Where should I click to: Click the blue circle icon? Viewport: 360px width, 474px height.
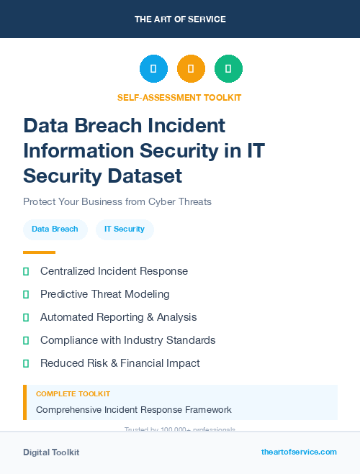pos(153,69)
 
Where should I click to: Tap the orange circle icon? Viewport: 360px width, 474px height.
pos(191,69)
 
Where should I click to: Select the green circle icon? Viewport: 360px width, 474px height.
pos(228,69)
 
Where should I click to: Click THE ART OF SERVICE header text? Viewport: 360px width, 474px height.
pos(180,19)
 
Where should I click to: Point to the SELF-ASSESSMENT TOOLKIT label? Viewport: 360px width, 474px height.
pos(179,97)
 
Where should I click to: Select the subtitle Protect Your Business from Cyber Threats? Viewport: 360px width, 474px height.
pos(117,201)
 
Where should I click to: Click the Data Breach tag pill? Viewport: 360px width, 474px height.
pos(55,229)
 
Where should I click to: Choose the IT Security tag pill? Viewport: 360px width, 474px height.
pos(125,229)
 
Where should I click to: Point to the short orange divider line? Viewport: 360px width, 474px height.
pos(39,252)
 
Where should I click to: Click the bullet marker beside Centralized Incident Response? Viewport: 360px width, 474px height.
pos(26,271)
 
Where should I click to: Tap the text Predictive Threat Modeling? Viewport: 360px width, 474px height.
pos(105,294)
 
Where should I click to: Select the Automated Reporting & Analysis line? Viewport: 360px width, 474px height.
pos(118,317)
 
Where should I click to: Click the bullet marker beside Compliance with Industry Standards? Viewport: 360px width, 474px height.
pos(26,340)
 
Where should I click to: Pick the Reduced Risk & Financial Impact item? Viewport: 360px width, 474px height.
pos(120,363)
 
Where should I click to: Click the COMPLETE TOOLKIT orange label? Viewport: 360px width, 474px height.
pos(73,394)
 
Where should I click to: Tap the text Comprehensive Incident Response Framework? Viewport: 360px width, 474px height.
pos(134,410)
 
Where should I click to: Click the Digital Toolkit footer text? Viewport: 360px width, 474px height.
pos(51,452)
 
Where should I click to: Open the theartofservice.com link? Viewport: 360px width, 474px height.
pos(299,452)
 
